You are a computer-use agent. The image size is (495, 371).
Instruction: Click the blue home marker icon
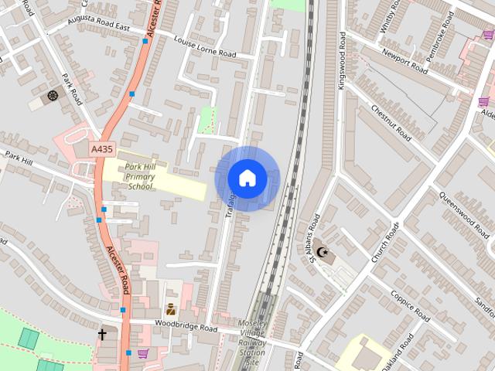point(247,178)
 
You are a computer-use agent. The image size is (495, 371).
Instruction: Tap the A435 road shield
point(101,148)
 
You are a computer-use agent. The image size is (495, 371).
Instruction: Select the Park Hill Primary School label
point(140,176)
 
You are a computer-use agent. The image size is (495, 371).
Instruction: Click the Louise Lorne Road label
point(205,47)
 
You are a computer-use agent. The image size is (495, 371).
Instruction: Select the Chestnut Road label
point(391,121)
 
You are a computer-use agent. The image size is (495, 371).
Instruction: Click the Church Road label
point(384,243)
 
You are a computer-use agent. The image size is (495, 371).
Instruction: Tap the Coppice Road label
point(409,305)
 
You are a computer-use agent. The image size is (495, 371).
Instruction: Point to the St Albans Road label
point(313,243)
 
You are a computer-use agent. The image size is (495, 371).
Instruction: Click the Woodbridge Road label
point(186,327)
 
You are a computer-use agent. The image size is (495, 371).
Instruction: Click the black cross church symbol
point(102,335)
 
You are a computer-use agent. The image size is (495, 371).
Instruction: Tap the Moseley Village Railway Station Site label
point(252,342)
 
